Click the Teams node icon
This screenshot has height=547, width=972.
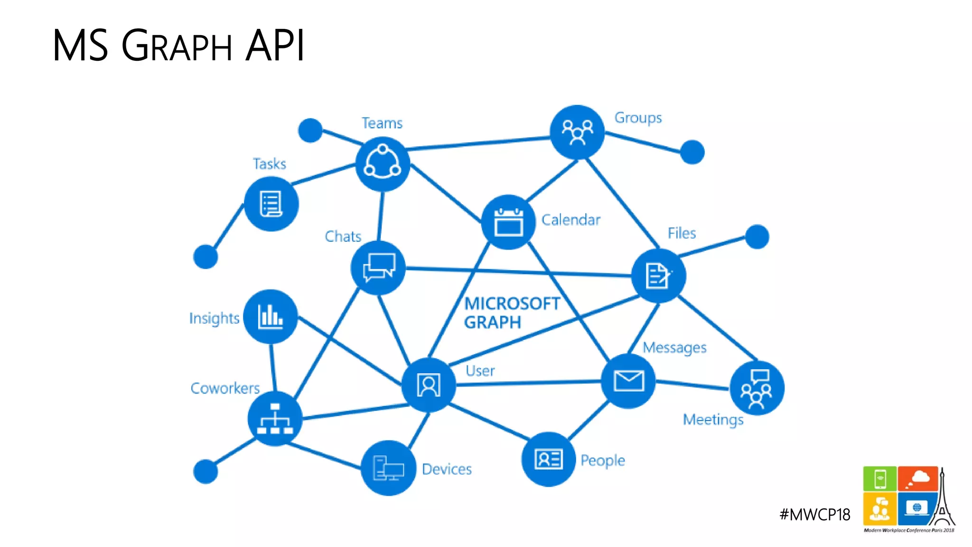coord(383,164)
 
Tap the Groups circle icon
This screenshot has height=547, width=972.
coord(577,132)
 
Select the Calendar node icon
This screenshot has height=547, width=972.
coord(508,222)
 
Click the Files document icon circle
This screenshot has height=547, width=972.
coord(658,276)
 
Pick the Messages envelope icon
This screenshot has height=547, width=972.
coord(628,381)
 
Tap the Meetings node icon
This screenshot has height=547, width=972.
coord(757,388)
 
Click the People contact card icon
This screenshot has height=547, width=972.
coord(549,459)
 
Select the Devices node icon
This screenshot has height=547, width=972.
coord(388,468)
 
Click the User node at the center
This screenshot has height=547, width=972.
coord(429,385)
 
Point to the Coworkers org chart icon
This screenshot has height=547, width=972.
coord(275,419)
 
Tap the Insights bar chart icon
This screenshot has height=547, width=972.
coord(271,317)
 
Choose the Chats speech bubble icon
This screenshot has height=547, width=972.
coord(378,268)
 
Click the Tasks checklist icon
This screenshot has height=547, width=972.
coord(271,204)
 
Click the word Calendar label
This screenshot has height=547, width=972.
coord(570,220)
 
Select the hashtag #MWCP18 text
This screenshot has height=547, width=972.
coord(814,515)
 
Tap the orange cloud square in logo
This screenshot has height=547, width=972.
coord(917,479)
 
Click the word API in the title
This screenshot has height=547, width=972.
coord(275,46)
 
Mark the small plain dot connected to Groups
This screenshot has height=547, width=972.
coord(692,152)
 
